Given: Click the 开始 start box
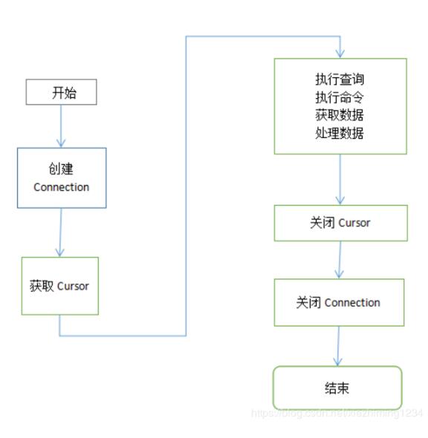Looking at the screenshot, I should [x=62, y=93].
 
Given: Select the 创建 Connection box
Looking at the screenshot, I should [x=62, y=177].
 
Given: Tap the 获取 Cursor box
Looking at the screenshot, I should [x=59, y=286].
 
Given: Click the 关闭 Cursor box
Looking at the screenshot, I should [x=340, y=223].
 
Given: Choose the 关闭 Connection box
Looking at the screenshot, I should [x=339, y=302].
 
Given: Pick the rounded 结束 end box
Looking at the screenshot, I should [x=337, y=388].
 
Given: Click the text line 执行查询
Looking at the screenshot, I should [x=340, y=79].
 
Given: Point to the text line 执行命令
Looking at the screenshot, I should [x=340, y=97].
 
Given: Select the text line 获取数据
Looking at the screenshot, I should [x=340, y=115].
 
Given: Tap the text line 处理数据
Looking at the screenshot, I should [x=340, y=133].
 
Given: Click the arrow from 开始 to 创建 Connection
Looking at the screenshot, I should [x=62, y=125].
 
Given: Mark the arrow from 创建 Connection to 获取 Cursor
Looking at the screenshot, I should [x=60, y=232].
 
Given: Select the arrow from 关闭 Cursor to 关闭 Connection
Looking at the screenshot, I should [x=340, y=260].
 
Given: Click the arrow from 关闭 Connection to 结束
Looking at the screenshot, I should [x=339, y=345].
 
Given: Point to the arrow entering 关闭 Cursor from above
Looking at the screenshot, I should [x=340, y=180].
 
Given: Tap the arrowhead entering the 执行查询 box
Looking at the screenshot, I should [x=340, y=53].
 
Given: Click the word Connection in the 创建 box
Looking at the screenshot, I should [x=62, y=187].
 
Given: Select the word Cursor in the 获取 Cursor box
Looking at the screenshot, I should [x=73, y=286].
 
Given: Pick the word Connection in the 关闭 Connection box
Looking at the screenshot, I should [x=352, y=302].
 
